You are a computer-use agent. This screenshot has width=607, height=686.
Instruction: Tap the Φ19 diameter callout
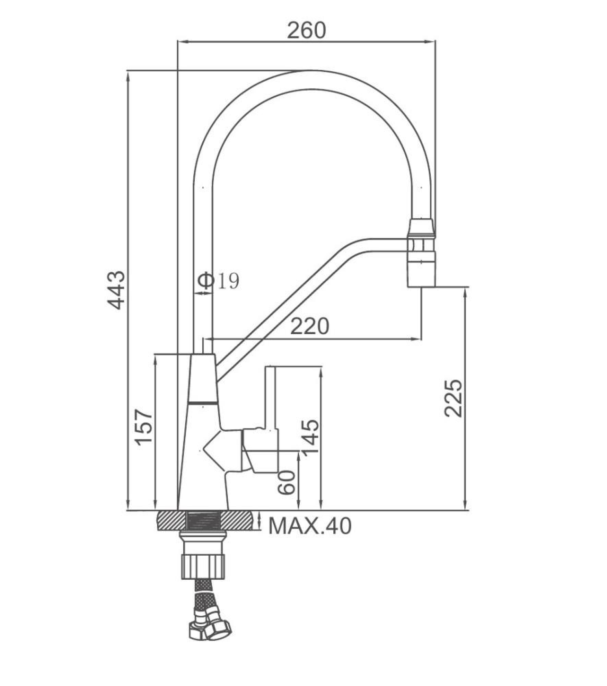pyautogui.click(x=218, y=281)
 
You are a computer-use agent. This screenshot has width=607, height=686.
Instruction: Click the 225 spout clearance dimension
pyautogui.click(x=453, y=398)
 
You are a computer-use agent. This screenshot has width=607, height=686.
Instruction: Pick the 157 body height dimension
pyautogui.click(x=143, y=427)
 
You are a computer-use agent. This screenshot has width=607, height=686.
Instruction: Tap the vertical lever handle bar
pyautogui.click(x=270, y=398)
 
